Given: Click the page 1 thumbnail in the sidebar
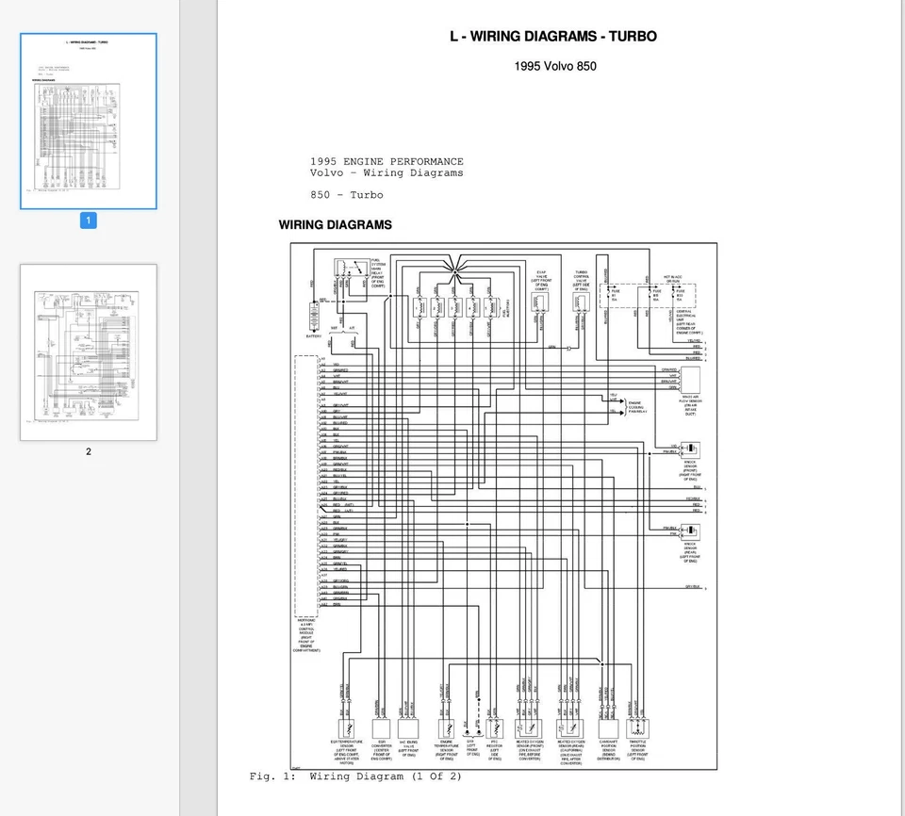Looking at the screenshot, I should pyautogui.click(x=89, y=122).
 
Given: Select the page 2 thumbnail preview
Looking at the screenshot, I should pyautogui.click(x=89, y=352).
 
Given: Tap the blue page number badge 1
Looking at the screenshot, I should pyautogui.click(x=89, y=220).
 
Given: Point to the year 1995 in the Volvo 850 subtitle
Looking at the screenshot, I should pyautogui.click(x=531, y=66).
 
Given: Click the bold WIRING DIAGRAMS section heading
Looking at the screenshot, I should pyautogui.click(x=335, y=225).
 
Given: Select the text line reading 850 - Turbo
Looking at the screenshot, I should pyautogui.click(x=347, y=195).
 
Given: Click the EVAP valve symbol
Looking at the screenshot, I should pyautogui.click(x=540, y=301).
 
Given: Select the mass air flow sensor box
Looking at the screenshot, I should pyautogui.click(x=690, y=380).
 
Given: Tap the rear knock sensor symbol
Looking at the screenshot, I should pyautogui.click(x=690, y=532).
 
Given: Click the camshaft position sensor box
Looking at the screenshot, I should pyautogui.click(x=607, y=729).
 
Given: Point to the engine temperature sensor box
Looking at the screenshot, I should pyautogui.click(x=447, y=729).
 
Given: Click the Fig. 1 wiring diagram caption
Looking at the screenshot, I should pyautogui.click(x=355, y=776).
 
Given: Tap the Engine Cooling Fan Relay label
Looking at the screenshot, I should pyautogui.click(x=642, y=407).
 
